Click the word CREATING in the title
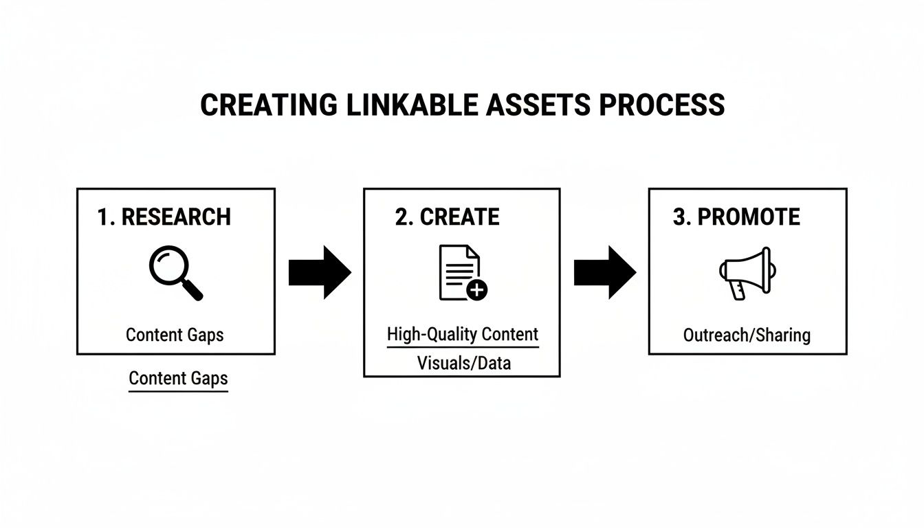[268, 104]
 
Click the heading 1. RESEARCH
[164, 217]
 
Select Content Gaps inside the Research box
[175, 335]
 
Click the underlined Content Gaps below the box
[178, 378]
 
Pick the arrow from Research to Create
[319, 272]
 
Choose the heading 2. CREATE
[447, 217]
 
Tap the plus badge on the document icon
[476, 291]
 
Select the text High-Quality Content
[463, 335]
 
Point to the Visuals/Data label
[464, 362]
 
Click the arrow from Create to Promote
[604, 272]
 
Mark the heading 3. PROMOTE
[736, 217]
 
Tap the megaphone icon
[745, 273]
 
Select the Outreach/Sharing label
[747, 335]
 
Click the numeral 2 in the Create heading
[401, 217]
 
